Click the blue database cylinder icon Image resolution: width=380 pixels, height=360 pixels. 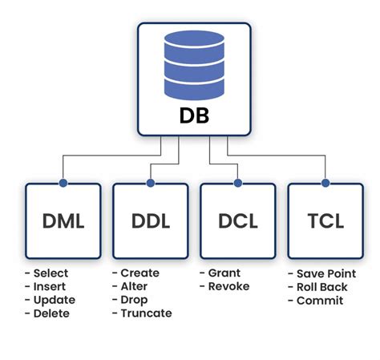[x=190, y=64]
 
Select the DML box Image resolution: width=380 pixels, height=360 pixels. [x=63, y=220]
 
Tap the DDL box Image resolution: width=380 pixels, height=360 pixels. [x=151, y=220]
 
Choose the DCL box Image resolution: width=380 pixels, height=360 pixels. [x=238, y=220]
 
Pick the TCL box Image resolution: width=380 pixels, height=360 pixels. [x=325, y=220]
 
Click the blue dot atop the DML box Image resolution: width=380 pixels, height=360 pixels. [x=63, y=183]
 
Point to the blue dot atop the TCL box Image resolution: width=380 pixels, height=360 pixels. [x=325, y=183]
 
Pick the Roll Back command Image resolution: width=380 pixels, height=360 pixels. [x=319, y=287]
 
